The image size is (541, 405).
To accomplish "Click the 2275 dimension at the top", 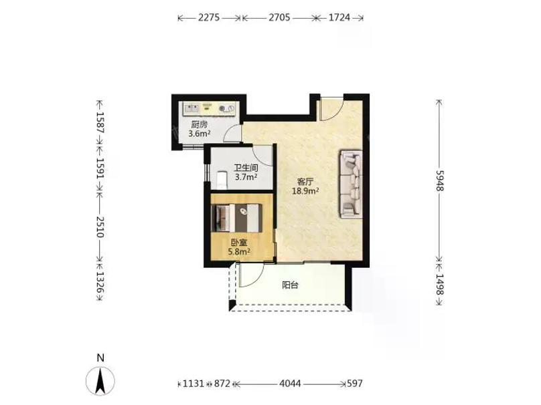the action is pyautogui.click(x=209, y=17).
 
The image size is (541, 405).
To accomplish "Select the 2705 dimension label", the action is pyautogui.click(x=279, y=17).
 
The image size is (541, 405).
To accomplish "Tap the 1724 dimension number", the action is pyautogui.click(x=339, y=17).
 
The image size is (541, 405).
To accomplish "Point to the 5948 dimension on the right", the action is pyautogui.click(x=439, y=180).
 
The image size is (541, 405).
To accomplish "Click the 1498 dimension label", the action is pyautogui.click(x=439, y=284).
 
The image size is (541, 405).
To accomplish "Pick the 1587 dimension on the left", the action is pyautogui.click(x=100, y=122).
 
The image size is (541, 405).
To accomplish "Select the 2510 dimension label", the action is pyautogui.click(x=100, y=227).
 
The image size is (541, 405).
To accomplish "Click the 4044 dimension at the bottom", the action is pyautogui.click(x=290, y=384).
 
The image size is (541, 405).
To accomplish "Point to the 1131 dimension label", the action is pyautogui.click(x=194, y=384).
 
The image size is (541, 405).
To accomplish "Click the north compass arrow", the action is pyautogui.click(x=100, y=381).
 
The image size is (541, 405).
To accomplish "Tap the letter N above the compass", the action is pyautogui.click(x=100, y=358).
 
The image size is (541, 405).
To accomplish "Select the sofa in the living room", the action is pyautogui.click(x=352, y=184).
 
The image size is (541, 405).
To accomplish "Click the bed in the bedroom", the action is pyautogui.click(x=236, y=218).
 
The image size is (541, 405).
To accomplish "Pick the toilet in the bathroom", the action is pyautogui.click(x=221, y=180).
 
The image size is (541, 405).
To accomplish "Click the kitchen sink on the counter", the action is pyautogui.click(x=191, y=108).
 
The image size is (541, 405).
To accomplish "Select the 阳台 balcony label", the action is pyautogui.click(x=290, y=285).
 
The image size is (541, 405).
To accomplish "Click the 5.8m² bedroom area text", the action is pyautogui.click(x=239, y=252).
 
